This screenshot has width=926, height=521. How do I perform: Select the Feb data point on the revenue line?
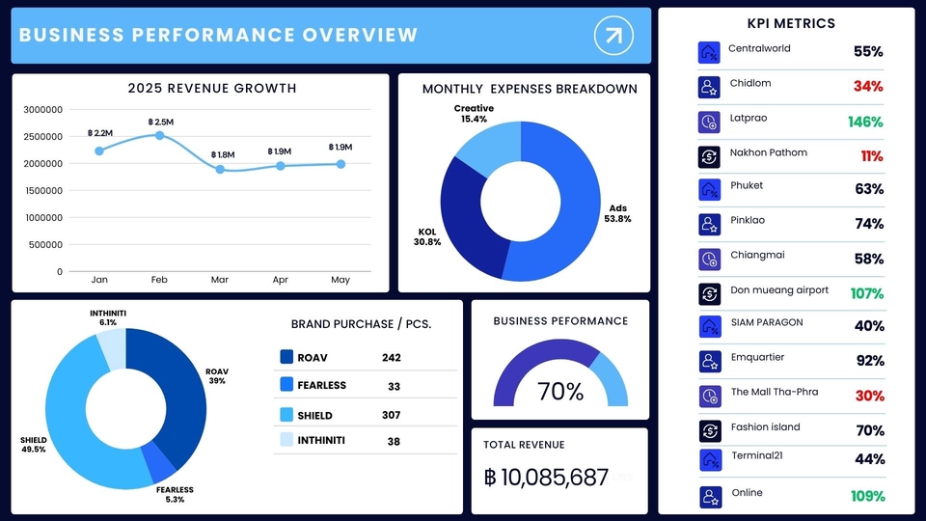coord(159,135)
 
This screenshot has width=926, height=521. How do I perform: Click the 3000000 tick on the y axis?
coord(40,110)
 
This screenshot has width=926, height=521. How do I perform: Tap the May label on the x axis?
coord(340,280)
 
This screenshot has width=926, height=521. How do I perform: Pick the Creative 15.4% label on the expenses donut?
coord(474,114)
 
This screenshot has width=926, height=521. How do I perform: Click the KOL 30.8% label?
coord(427,236)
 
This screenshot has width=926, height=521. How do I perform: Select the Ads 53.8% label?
coord(617,213)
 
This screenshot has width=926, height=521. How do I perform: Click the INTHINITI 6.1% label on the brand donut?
coord(108,317)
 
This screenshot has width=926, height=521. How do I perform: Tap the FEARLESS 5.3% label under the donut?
coord(175,494)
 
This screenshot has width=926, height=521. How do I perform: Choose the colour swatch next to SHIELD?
coord(286,415)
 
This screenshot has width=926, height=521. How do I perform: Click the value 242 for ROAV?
coord(391,358)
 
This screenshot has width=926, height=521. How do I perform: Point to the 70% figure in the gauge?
coord(560,392)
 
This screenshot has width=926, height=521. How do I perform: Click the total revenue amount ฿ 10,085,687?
coord(546,477)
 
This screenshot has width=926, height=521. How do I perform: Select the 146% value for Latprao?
coord(865,122)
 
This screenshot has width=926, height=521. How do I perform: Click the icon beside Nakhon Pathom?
coord(709,156)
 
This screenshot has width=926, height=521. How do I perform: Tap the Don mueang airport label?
coord(779,289)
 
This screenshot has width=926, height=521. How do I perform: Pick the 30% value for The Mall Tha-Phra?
coord(868,396)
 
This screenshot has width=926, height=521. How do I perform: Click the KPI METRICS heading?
coord(791,23)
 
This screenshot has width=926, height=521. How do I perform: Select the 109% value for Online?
coord(867,496)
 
